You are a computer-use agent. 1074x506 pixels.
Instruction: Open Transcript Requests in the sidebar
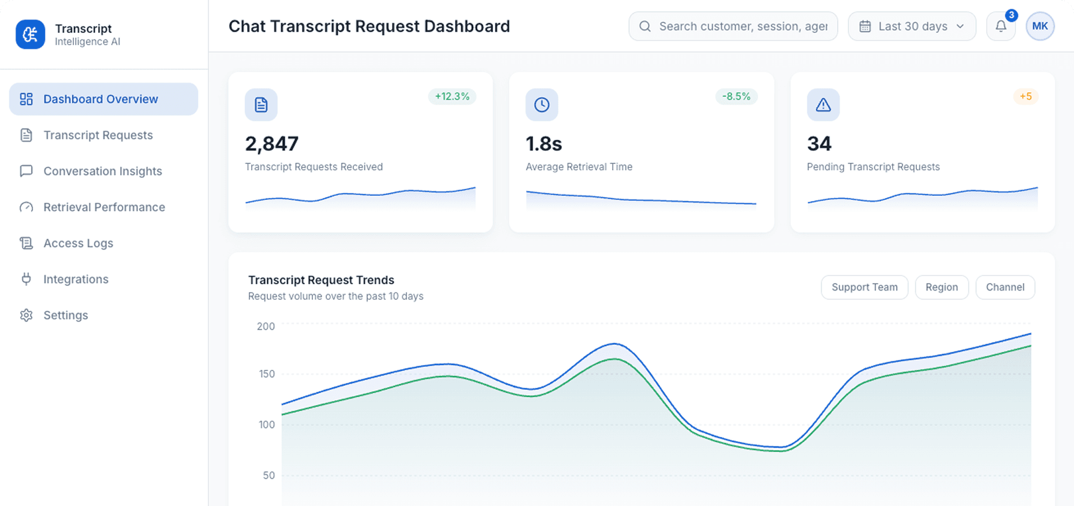coord(98,135)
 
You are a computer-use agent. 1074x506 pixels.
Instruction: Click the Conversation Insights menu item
coord(102,171)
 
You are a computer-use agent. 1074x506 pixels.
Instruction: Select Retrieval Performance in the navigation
coord(104,207)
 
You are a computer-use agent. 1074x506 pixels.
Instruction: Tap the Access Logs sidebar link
coord(78,243)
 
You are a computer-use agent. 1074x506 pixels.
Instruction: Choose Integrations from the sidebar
coord(76,280)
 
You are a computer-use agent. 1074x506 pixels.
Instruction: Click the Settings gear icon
coord(26,315)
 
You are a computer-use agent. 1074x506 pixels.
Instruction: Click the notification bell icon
coord(1001,27)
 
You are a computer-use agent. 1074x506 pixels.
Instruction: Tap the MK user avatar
coord(1039,27)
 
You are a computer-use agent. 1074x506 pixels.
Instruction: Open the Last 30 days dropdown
coord(912,27)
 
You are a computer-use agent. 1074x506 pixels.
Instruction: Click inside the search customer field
coord(743,27)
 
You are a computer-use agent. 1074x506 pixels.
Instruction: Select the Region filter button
coord(941,287)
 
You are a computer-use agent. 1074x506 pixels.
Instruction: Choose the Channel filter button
coord(1005,287)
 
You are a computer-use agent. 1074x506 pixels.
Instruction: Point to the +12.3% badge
coord(452,96)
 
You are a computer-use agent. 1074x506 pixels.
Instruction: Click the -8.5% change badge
coord(736,96)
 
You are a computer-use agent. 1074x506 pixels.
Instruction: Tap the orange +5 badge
coord(1025,96)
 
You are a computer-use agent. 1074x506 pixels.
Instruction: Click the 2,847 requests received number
coord(272,144)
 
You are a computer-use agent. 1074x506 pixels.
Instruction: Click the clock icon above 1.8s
coord(542,105)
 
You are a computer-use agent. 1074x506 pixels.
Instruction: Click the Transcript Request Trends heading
coord(321,280)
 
